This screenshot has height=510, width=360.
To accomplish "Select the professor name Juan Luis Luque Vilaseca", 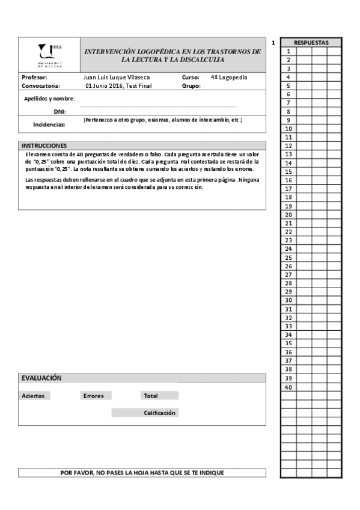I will point(116,78).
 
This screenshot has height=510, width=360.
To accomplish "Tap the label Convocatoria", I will point(41,86).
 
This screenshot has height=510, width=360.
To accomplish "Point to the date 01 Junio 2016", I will point(104,86).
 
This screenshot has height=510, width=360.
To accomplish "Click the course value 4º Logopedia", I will point(229,78).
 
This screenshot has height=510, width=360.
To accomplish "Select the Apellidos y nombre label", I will point(49,98).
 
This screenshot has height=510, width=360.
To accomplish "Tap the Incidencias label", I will point(49,124).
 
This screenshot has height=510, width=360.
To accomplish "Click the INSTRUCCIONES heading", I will point(44,146).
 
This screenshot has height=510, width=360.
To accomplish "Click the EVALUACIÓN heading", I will point(41,378).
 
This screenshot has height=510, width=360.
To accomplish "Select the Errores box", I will point(94,396).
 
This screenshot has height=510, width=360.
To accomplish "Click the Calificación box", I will point(159,413).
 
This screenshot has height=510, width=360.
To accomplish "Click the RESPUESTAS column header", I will point(311,43).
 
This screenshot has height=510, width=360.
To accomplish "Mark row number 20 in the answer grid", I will point(288,214).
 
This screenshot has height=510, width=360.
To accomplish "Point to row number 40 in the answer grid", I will point(288,387).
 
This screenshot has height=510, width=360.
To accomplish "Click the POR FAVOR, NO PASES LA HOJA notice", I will point(142,473).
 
